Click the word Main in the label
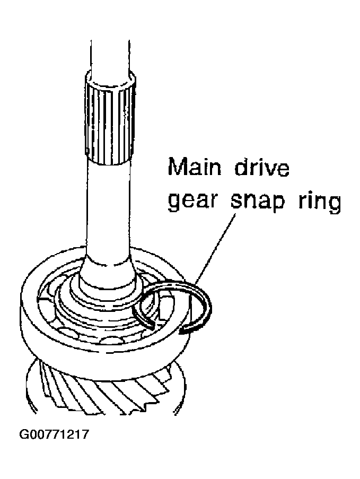click(x=195, y=167)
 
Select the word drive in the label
click(x=261, y=167)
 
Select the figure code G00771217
click(x=55, y=434)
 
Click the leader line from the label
click(x=215, y=249)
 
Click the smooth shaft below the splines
click(x=109, y=211)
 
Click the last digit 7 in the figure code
click(x=85, y=434)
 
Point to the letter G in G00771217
click(x=24, y=434)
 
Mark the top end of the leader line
click(x=236, y=214)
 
